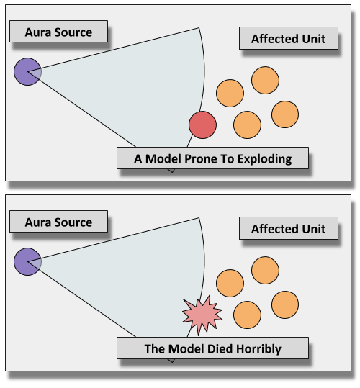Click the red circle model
202,125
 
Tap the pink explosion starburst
202,315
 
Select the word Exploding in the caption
264,159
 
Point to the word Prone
201,158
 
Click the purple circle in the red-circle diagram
27,72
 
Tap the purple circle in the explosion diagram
27,262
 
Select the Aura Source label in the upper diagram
58,32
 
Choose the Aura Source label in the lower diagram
58,222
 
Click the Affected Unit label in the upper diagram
289,38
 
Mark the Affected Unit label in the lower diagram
289,228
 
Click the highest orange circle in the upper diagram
265,80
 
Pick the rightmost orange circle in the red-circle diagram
285,114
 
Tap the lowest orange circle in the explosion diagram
247,315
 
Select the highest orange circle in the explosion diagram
265,270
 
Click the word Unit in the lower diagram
313,229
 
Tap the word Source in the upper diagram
73,32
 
